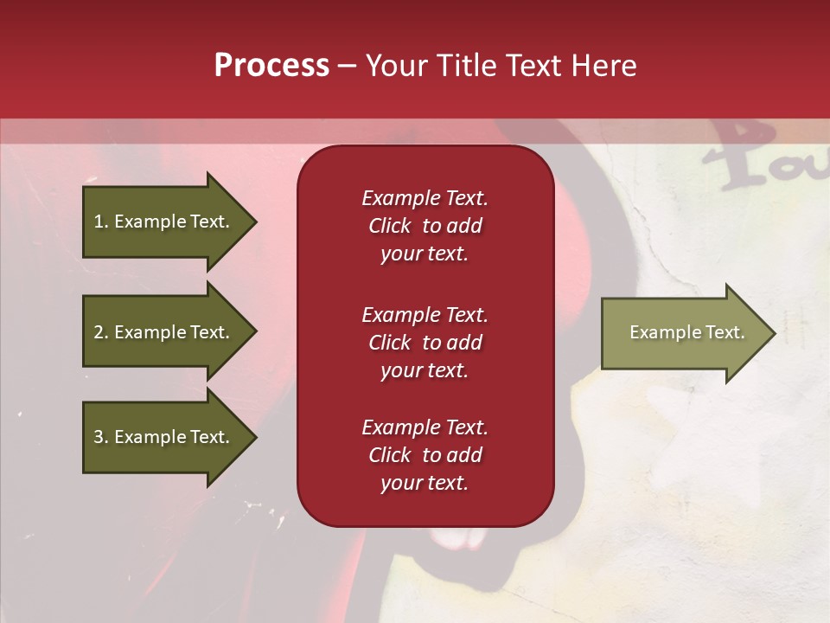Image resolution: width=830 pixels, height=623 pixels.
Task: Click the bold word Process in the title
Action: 271,66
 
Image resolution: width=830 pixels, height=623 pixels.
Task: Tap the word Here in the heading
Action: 603,66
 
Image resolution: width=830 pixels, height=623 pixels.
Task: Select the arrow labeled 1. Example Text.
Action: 164,222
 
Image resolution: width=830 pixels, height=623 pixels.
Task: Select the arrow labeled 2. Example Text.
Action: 164,332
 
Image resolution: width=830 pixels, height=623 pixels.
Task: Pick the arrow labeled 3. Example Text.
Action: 164,437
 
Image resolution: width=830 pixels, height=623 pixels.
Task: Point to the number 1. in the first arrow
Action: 101,222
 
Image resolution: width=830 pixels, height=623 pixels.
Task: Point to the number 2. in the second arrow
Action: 101,332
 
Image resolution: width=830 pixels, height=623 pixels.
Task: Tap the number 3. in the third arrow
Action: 101,437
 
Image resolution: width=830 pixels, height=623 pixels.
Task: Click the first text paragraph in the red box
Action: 425,226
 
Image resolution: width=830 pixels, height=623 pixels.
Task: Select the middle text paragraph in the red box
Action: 425,342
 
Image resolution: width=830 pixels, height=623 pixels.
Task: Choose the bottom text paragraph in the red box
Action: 425,454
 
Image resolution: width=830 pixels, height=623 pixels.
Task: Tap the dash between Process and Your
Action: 347,66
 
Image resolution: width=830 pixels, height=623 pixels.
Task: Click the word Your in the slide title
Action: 396,66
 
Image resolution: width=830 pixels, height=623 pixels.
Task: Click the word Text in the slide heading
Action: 536,66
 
